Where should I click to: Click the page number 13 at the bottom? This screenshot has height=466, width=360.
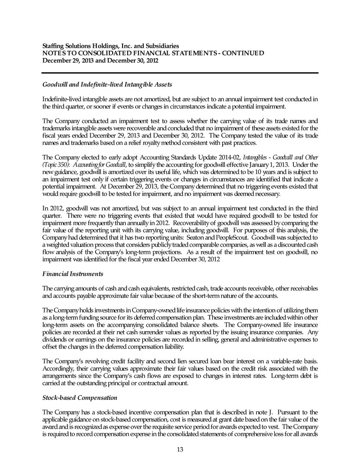point(180,449)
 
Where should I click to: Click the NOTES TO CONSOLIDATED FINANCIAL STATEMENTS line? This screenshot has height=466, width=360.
point(152,53)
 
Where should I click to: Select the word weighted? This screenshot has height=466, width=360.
point(55,244)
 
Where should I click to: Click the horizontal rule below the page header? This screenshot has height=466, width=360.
point(180,73)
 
